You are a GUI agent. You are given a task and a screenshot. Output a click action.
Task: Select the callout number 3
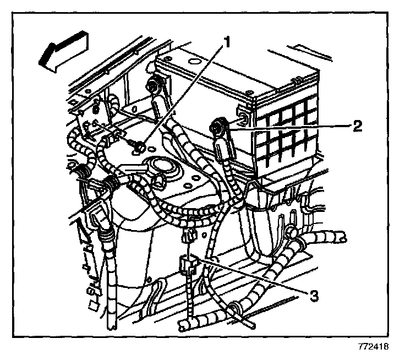pyautogui.click(x=314, y=296)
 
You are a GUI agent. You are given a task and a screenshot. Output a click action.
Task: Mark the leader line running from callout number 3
pyautogui.click(x=253, y=275)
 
